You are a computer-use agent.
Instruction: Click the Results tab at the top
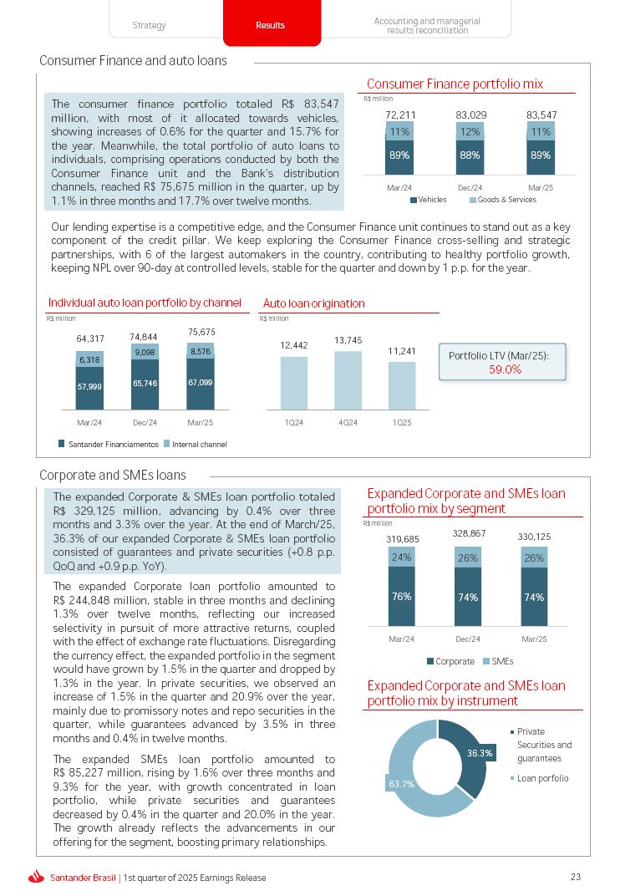click(271, 25)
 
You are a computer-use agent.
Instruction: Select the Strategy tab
click(150, 25)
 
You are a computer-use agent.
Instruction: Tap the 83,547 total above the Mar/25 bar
click(541, 114)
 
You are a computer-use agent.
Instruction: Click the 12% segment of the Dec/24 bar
click(471, 132)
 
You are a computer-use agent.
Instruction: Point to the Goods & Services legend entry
click(502, 200)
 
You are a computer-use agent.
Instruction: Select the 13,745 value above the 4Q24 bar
click(348, 340)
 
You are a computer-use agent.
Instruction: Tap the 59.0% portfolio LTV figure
click(505, 369)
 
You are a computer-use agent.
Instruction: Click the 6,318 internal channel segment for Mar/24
click(90, 359)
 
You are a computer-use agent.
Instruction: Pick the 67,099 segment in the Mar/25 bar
click(201, 383)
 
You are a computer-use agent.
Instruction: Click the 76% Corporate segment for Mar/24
click(401, 597)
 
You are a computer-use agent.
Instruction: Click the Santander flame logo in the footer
click(36, 877)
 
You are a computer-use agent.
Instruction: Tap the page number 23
click(575, 877)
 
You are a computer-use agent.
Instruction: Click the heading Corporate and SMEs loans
click(113, 476)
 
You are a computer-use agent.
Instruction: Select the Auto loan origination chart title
click(313, 303)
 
